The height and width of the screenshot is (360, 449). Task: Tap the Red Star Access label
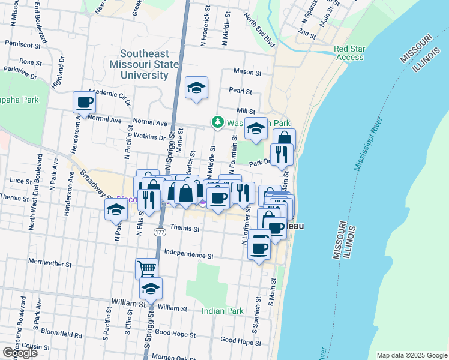click(x=349, y=53)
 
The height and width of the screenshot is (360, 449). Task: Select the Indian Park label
click(x=223, y=311)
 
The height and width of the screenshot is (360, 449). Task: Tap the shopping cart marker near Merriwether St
click(x=146, y=268)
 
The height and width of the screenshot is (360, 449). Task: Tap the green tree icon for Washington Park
click(x=217, y=122)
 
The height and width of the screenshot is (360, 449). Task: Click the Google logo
click(x=20, y=353)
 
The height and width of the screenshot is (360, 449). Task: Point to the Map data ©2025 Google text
click(x=411, y=355)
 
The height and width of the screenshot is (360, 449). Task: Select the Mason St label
click(x=247, y=72)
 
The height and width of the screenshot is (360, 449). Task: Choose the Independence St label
click(x=188, y=254)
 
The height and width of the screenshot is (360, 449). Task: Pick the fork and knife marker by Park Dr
click(x=281, y=154)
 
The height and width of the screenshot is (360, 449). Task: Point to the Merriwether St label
click(x=50, y=263)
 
